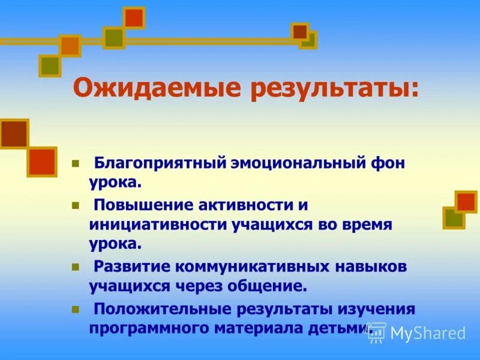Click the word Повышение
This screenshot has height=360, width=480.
click(140, 205)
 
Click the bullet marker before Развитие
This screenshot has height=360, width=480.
click(76, 265)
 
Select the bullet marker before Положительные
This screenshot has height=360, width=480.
click(76, 308)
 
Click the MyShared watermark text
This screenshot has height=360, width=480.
click(428, 333)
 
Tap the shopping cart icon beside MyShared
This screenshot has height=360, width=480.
click(376, 332)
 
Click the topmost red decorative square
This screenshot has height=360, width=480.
click(134, 18)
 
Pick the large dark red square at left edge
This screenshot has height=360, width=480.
click(14, 134)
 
